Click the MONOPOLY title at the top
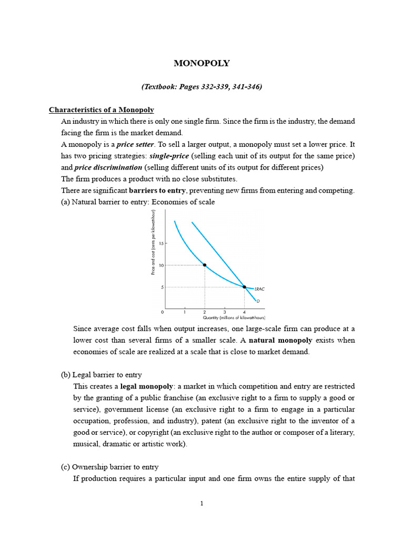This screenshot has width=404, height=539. click(201, 63)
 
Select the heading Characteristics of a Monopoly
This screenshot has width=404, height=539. click(102, 109)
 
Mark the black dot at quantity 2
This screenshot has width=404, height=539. click(205, 265)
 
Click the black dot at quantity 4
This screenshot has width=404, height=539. click(244, 287)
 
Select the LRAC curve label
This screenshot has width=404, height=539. click(259, 289)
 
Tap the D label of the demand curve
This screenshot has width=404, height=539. click(258, 301)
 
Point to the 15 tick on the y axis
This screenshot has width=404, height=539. click(161, 244)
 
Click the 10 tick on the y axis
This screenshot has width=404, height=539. click(161, 265)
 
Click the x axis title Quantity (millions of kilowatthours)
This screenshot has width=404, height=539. click(234, 318)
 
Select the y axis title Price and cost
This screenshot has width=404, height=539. click(153, 242)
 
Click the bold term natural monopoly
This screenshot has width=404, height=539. click(280, 341)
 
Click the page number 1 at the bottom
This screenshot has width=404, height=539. click(201, 504)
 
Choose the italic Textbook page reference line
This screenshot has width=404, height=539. click(201, 87)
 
